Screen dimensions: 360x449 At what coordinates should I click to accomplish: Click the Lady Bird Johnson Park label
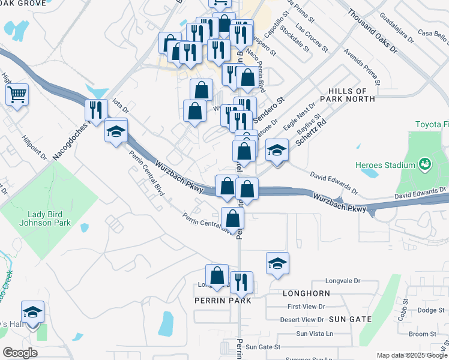click(49, 218)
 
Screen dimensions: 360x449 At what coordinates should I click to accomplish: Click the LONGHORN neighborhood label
click(306, 293)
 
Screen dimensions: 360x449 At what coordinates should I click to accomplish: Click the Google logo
click(20, 353)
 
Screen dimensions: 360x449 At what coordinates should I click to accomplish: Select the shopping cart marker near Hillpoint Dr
click(17, 94)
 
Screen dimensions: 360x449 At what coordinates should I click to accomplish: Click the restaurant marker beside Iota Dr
click(96, 110)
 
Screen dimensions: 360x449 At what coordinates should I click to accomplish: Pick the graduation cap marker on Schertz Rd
click(277, 149)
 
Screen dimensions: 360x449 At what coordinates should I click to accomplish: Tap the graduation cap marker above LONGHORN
click(277, 263)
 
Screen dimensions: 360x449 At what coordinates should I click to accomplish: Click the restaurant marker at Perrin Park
click(241, 281)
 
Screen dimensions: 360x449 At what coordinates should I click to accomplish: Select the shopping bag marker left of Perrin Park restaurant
click(217, 275)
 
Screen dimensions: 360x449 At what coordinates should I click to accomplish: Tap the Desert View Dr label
click(303, 320)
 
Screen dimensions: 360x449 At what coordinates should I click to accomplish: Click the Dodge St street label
click(430, 310)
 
